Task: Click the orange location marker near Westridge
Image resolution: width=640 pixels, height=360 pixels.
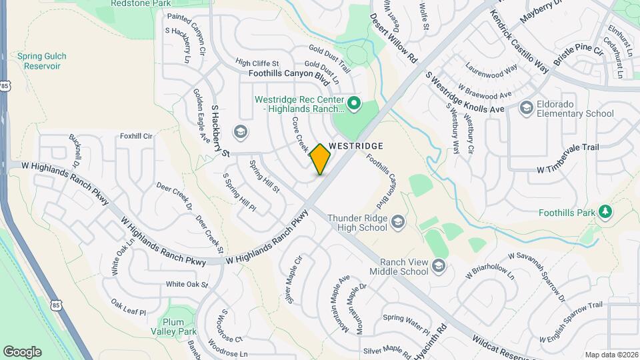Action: (x=321, y=159)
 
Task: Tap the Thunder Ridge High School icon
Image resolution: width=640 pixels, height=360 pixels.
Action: (x=398, y=221)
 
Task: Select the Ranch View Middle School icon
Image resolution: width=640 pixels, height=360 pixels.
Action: (x=439, y=267)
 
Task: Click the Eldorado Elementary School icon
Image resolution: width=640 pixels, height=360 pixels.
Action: (x=526, y=107)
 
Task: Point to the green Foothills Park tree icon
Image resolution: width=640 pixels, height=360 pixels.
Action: (x=605, y=211)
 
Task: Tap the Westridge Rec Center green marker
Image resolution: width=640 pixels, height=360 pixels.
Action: (x=355, y=103)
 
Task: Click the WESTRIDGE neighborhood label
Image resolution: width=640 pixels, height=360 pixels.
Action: (x=356, y=145)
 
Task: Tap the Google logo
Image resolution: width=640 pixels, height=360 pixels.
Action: (x=22, y=351)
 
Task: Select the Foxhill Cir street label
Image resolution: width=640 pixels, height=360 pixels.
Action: (x=137, y=136)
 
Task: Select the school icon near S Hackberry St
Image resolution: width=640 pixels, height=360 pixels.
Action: (x=240, y=130)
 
